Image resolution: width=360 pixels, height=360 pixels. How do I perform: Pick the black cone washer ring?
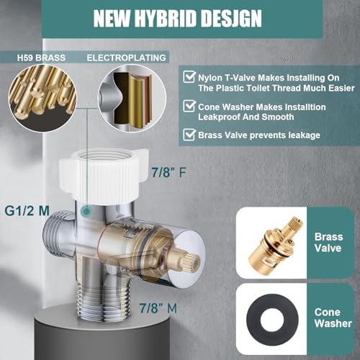271,320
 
